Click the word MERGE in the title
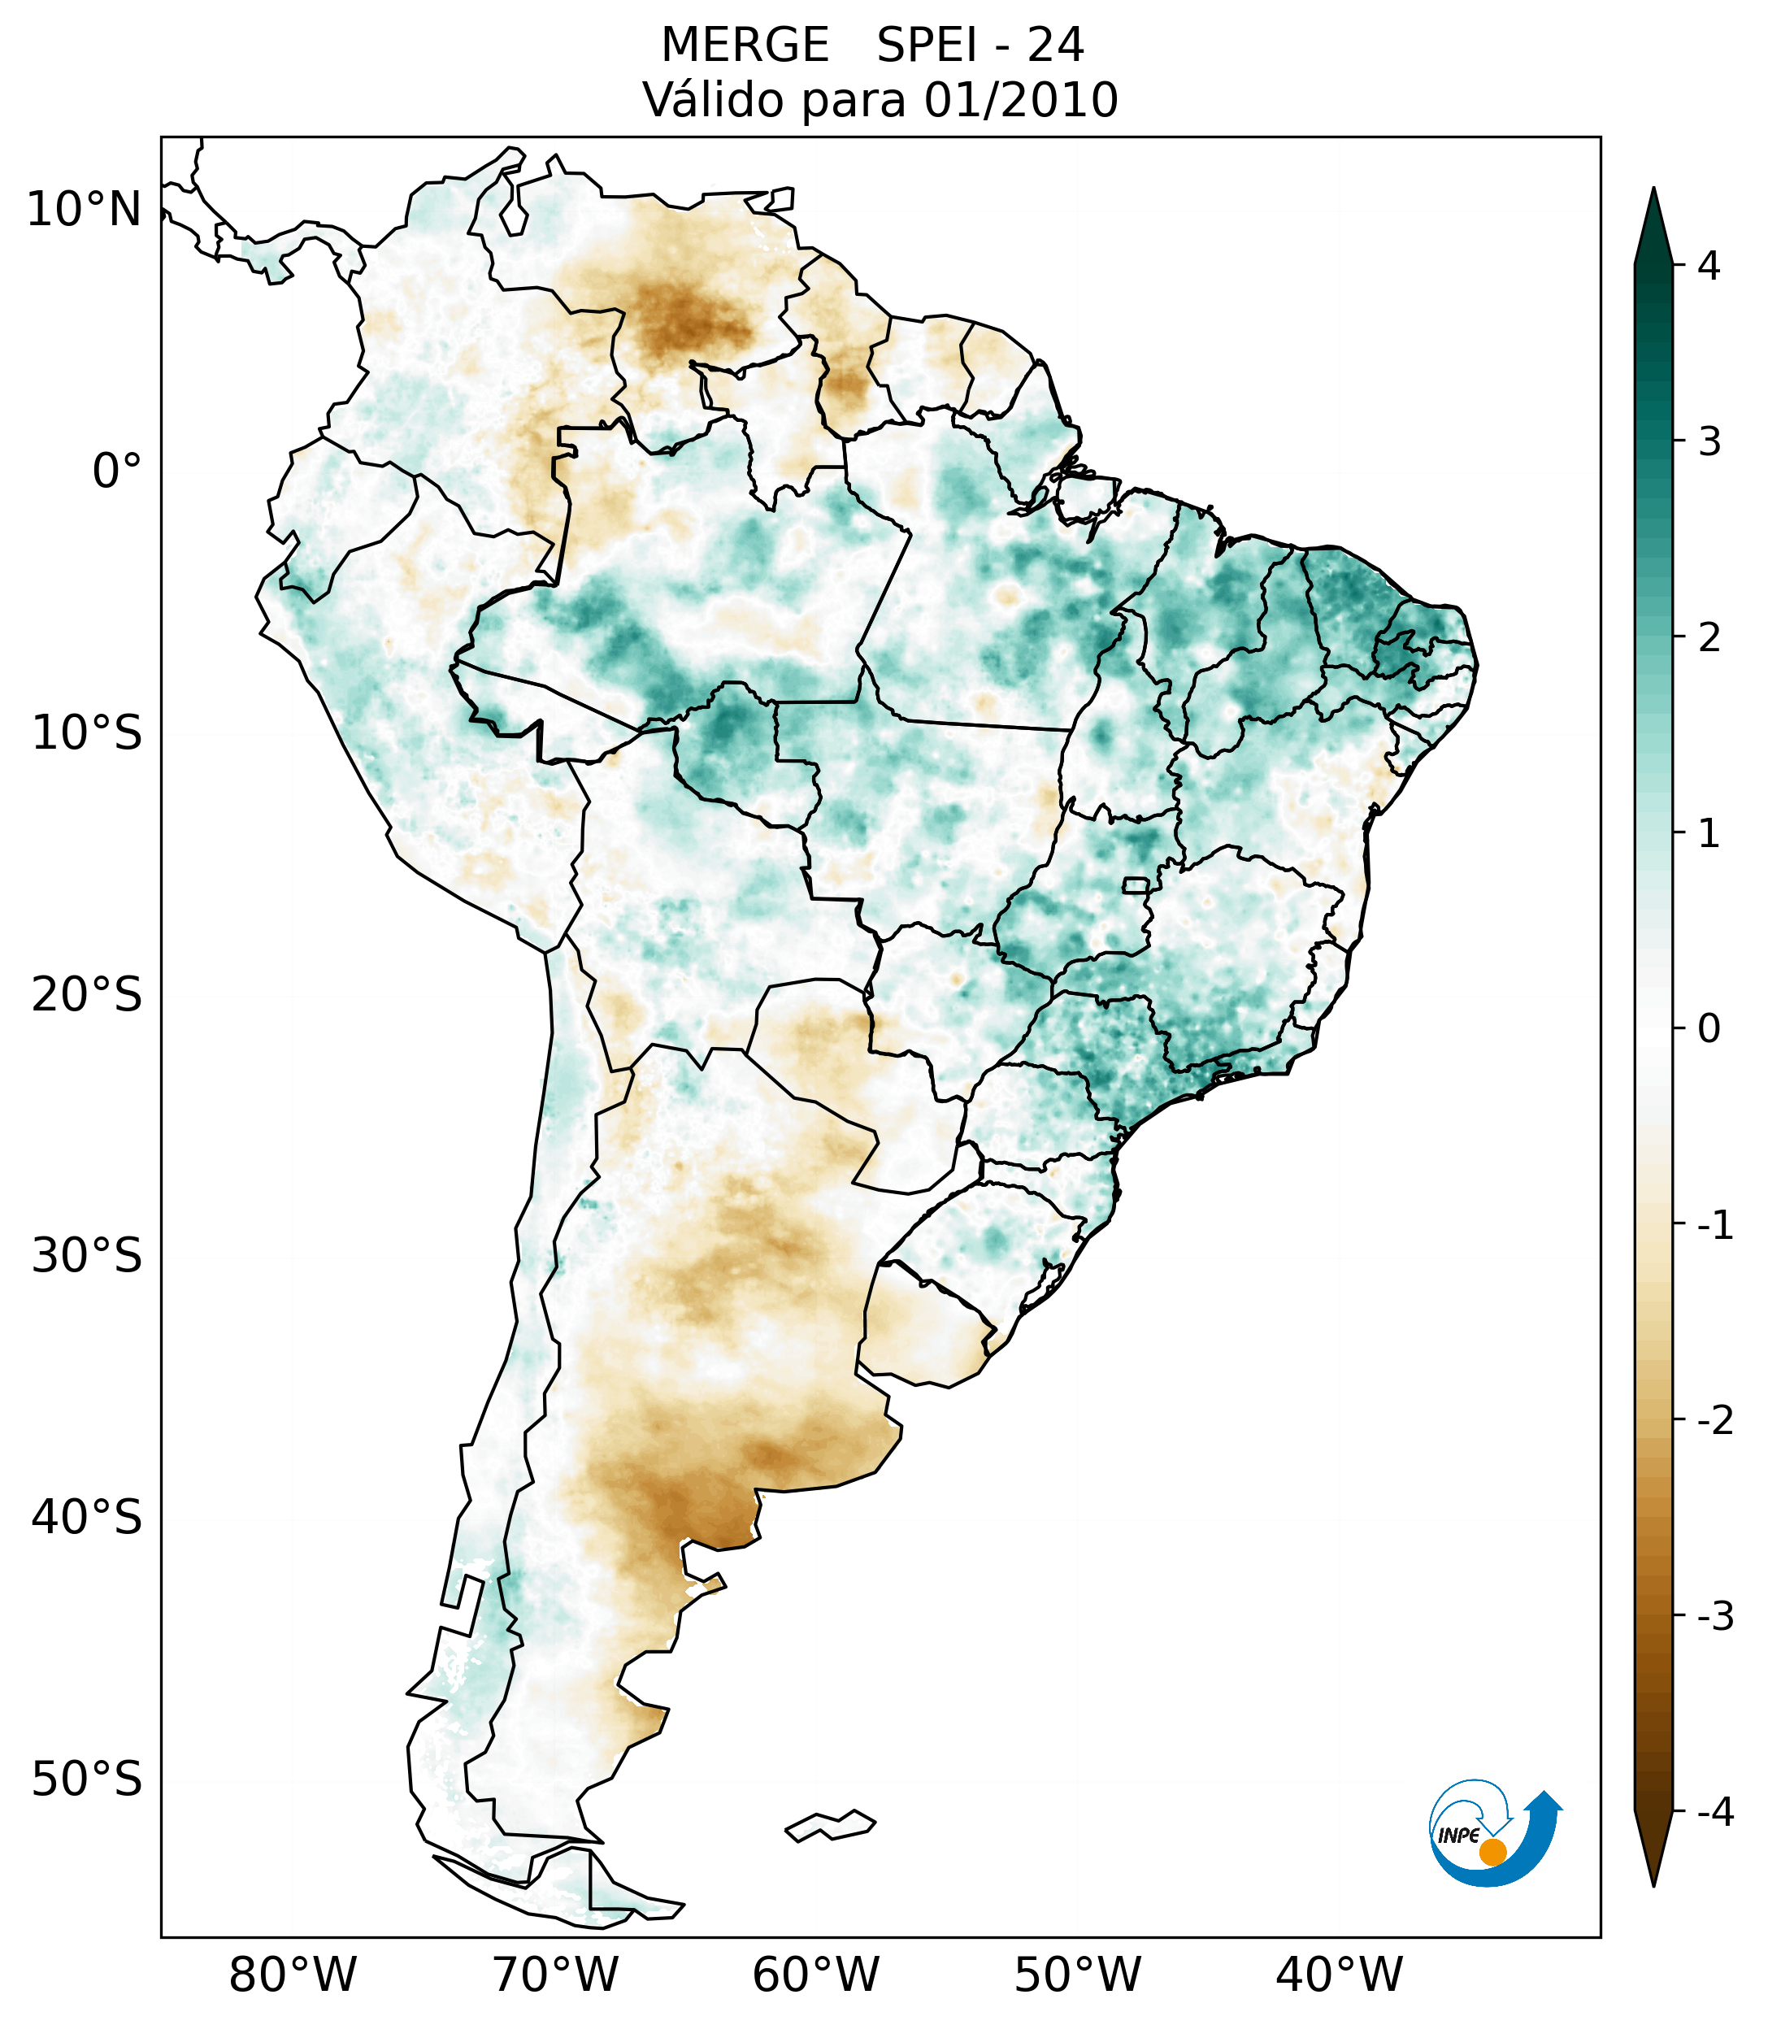(x=744, y=46)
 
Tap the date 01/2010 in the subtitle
(x=1021, y=100)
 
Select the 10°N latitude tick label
(x=85, y=210)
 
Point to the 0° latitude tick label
(x=116, y=471)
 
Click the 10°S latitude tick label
(x=87, y=734)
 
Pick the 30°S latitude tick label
(x=87, y=1256)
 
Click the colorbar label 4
(x=1708, y=266)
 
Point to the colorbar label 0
(x=1708, y=1029)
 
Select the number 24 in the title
(x=1055, y=46)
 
